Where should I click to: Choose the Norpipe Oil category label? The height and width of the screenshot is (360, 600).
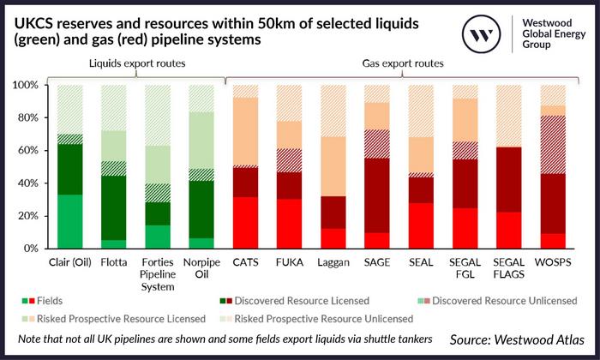tap(201, 271)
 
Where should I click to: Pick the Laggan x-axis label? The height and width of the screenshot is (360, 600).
tap(332, 264)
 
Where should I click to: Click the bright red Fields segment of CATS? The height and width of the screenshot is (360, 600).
tap(246, 223)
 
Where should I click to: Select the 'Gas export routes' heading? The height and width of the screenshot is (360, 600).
tap(395, 64)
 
